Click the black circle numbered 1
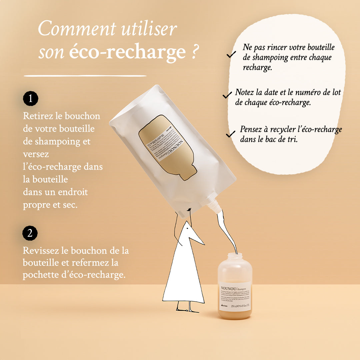click(x=31, y=99)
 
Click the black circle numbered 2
click(x=30, y=233)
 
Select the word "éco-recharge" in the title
click(x=127, y=52)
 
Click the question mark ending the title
click(x=195, y=52)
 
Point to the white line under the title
click(x=85, y=76)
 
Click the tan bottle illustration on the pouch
click(x=167, y=147)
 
